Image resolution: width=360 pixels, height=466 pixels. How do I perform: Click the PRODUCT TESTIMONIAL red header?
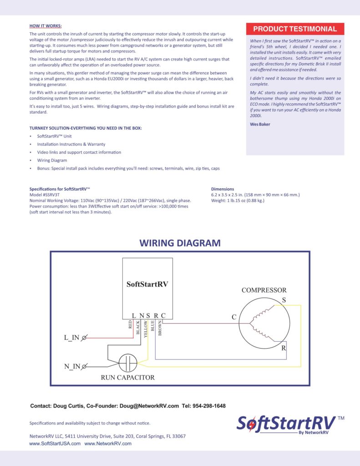(295, 29)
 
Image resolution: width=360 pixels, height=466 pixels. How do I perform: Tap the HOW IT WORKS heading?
(46, 26)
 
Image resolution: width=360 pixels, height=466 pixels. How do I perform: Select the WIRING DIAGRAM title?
(180, 243)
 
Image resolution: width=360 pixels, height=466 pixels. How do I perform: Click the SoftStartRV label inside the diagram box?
(147, 284)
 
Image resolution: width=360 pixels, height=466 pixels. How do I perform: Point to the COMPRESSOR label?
(264, 290)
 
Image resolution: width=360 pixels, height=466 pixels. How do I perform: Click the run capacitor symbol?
(128, 363)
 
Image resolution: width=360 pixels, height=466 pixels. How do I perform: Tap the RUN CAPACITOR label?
(127, 377)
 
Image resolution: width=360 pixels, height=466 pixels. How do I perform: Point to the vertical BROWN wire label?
(160, 327)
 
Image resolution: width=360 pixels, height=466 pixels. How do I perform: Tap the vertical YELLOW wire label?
(146, 328)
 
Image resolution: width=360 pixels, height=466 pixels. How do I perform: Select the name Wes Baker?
(260, 124)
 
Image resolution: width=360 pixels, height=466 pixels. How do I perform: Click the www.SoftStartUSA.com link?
(55, 443)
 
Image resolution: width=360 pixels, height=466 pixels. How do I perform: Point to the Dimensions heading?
(223, 189)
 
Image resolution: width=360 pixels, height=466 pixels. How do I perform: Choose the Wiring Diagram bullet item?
(52, 160)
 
